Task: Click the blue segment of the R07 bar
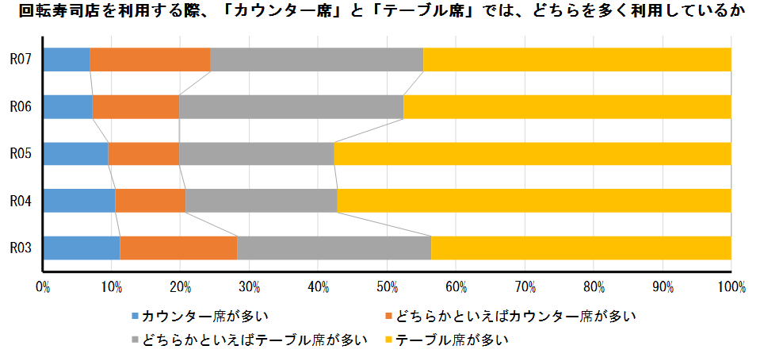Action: point(67,60)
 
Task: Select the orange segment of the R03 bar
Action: point(178,248)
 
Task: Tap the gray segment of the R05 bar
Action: point(256,154)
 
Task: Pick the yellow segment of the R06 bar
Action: point(567,107)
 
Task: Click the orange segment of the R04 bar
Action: point(150,201)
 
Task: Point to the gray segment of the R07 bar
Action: point(316,60)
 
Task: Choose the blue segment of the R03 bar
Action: point(82,248)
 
